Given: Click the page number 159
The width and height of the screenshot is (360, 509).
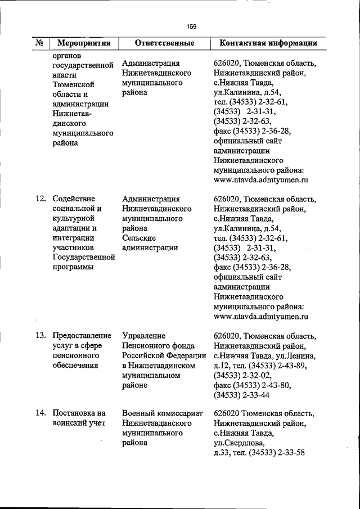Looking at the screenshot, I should (x=191, y=25).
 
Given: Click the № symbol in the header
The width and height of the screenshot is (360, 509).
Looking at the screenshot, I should (x=40, y=43).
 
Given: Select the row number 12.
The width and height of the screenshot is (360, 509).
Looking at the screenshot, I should (x=40, y=199).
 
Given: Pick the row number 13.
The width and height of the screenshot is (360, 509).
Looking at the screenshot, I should (x=40, y=335).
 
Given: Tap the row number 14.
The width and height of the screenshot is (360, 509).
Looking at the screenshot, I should (x=40, y=413).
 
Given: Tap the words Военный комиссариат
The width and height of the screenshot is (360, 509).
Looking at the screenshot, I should (x=161, y=413).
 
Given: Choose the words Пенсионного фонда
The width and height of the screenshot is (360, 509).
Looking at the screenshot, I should (x=157, y=345).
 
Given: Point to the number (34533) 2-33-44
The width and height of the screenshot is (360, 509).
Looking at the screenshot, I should (x=242, y=395).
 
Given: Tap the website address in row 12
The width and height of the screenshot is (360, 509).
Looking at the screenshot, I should (x=262, y=317).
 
